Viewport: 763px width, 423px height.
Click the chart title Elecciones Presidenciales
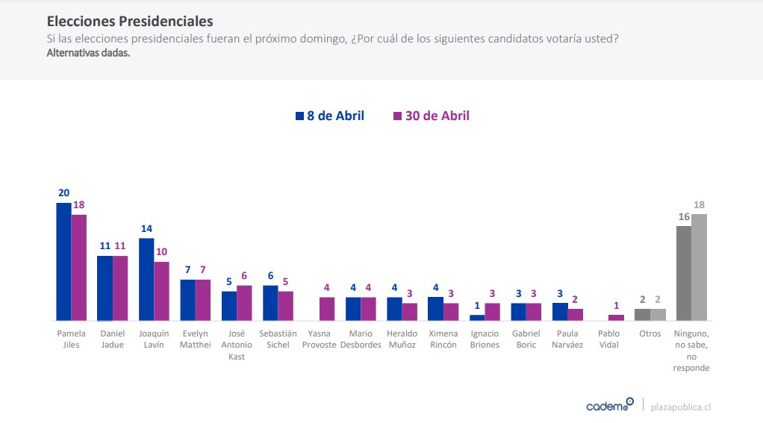pos(130,22)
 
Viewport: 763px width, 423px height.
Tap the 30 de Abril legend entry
pos(431,116)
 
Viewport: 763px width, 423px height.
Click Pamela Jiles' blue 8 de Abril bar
pos(63,261)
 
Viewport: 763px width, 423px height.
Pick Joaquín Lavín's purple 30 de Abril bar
pos(161,291)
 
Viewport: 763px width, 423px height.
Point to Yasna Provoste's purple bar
pos(327,309)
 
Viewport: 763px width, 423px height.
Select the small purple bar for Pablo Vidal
pos(616,318)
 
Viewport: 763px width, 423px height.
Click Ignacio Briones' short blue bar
pos(477,317)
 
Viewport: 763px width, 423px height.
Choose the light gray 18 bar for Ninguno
pos(699,267)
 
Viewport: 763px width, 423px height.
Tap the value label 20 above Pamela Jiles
pos(64,192)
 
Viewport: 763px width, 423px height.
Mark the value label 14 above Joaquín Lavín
pos(146,228)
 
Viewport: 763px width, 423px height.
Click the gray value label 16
pos(683,216)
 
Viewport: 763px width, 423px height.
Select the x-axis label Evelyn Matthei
pos(196,339)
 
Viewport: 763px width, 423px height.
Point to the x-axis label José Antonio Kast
pos(237,345)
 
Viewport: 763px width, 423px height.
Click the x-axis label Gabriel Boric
pos(526,339)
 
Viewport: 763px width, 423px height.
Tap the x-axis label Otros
pos(650,333)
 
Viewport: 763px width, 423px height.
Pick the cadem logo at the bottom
pos(609,406)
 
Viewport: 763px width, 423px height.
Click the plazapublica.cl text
pos(681,407)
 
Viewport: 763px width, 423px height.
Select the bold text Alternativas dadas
pos(88,53)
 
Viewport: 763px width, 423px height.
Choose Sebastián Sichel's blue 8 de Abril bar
pos(270,303)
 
